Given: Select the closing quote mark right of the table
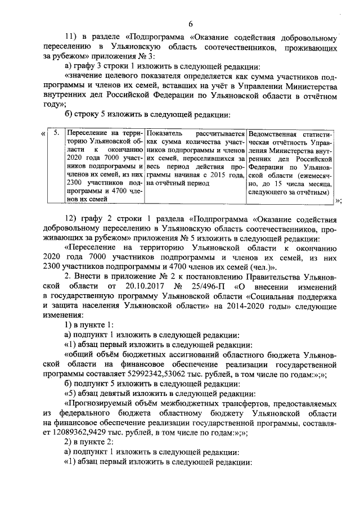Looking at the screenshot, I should point(338,200).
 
